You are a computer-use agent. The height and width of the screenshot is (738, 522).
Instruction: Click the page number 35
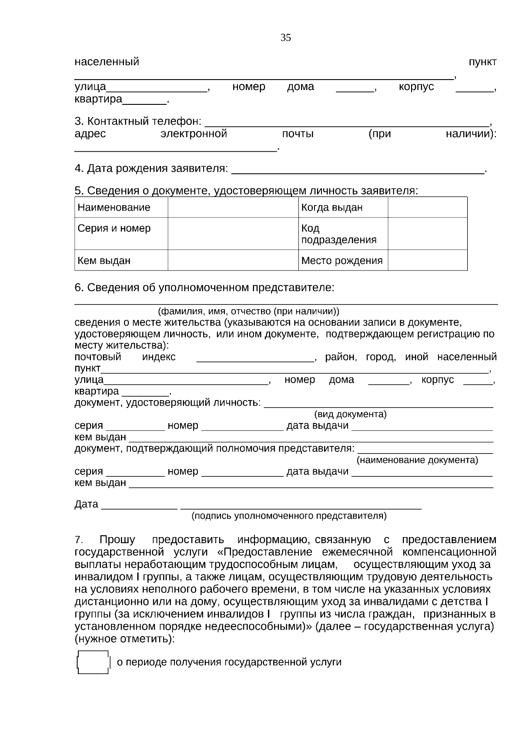pyautogui.click(x=286, y=38)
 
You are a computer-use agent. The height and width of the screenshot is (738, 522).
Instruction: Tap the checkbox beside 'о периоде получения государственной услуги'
pyautogui.click(x=93, y=662)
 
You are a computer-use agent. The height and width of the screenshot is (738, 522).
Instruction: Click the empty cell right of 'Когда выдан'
pyautogui.click(x=427, y=207)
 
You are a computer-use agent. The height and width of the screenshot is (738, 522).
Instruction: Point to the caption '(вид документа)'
pyautogui.click(x=350, y=414)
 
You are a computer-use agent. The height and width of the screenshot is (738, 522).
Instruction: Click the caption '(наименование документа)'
pyautogui.click(x=417, y=460)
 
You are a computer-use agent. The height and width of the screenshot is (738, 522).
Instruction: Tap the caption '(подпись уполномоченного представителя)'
pyautogui.click(x=289, y=516)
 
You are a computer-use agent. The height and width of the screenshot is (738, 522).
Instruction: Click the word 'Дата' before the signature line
pyautogui.click(x=86, y=504)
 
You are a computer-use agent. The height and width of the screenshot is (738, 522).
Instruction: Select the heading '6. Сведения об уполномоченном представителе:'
pyautogui.click(x=204, y=288)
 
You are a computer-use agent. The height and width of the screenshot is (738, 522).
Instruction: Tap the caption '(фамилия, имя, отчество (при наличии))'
pyautogui.click(x=248, y=311)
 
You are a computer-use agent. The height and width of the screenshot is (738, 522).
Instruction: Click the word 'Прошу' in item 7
pyautogui.click(x=117, y=540)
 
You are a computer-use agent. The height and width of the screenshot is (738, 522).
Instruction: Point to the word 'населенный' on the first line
pyautogui.click(x=107, y=62)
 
